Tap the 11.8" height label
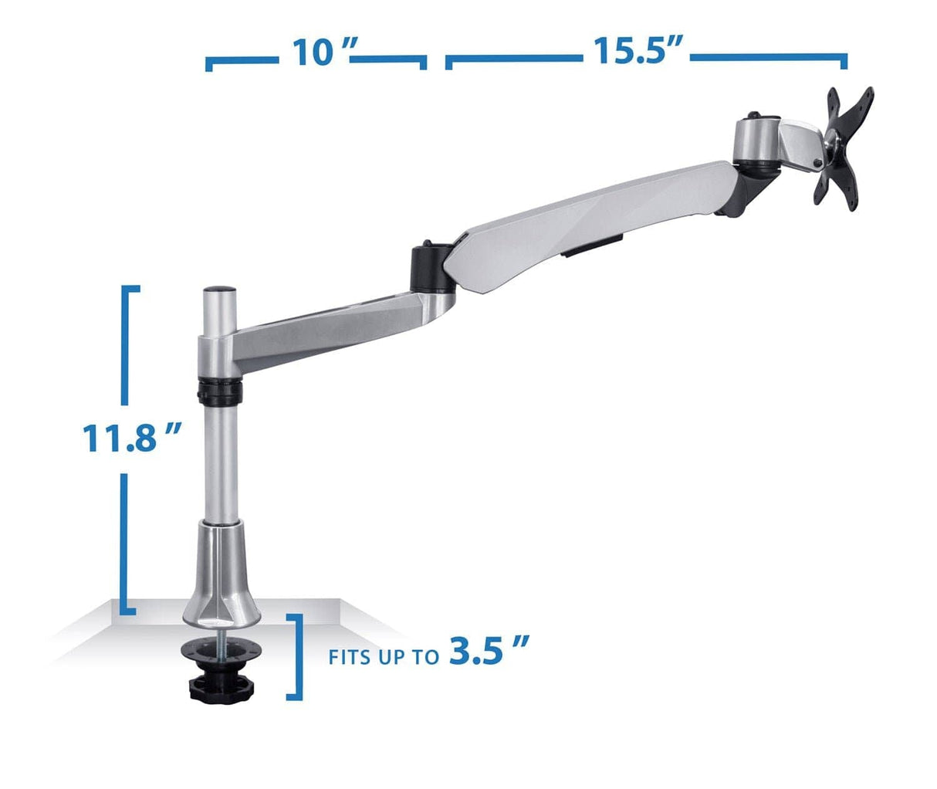[131, 438]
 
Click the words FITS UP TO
[384, 658]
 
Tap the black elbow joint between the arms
[428, 267]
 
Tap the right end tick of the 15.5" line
[846, 61]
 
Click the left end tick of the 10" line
[208, 63]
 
